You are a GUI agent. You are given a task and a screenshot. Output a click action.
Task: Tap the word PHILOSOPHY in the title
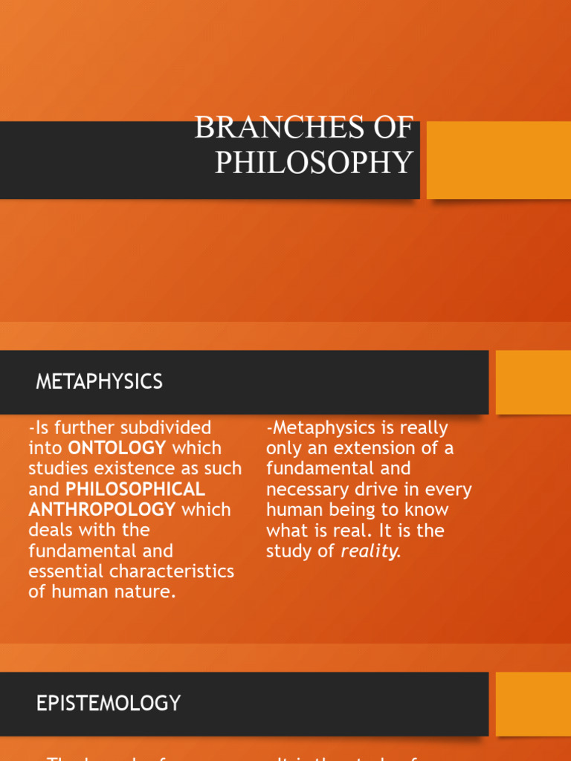[314, 162]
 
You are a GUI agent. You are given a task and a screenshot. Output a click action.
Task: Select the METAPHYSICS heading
[99, 382]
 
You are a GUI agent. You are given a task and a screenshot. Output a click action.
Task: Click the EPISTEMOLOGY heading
[109, 703]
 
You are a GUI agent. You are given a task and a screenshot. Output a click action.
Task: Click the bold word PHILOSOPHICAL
[135, 489]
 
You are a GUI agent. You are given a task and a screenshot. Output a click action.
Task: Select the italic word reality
[370, 551]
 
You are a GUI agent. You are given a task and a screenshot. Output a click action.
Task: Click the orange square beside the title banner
[498, 160]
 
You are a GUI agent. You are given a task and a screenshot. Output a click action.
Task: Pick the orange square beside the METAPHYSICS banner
[533, 382]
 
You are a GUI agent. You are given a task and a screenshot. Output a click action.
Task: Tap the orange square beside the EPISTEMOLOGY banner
[533, 703]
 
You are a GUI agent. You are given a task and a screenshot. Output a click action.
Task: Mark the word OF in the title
[393, 128]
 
